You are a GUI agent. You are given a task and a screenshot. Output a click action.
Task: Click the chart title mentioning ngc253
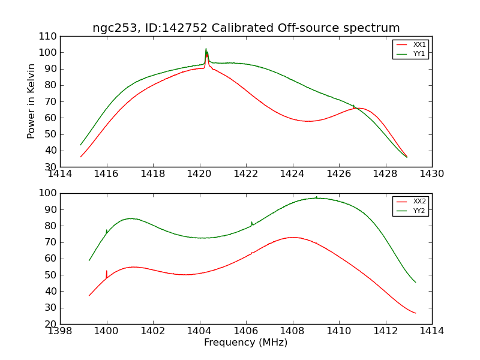246,28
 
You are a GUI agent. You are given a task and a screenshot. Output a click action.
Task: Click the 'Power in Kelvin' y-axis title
31,101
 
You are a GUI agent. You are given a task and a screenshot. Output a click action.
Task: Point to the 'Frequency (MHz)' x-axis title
246,343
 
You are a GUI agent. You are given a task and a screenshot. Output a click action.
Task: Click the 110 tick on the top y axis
48,37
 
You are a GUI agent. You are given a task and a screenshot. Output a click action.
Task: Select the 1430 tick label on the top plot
432,174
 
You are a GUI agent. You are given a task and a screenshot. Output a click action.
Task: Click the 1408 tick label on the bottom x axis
293,331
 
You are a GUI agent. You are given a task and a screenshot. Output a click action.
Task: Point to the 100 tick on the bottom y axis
48,193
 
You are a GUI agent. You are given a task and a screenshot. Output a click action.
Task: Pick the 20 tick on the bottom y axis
51,324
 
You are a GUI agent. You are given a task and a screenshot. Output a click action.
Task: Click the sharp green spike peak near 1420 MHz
206,49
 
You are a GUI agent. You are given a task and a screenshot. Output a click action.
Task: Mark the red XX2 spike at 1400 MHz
107,271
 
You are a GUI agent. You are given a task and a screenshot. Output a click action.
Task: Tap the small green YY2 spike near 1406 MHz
251,222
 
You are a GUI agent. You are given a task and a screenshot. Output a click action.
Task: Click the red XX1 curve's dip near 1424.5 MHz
308,121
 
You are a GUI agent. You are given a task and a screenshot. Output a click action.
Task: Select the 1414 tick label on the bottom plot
432,331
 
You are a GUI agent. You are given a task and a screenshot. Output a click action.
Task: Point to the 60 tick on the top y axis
51,118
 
